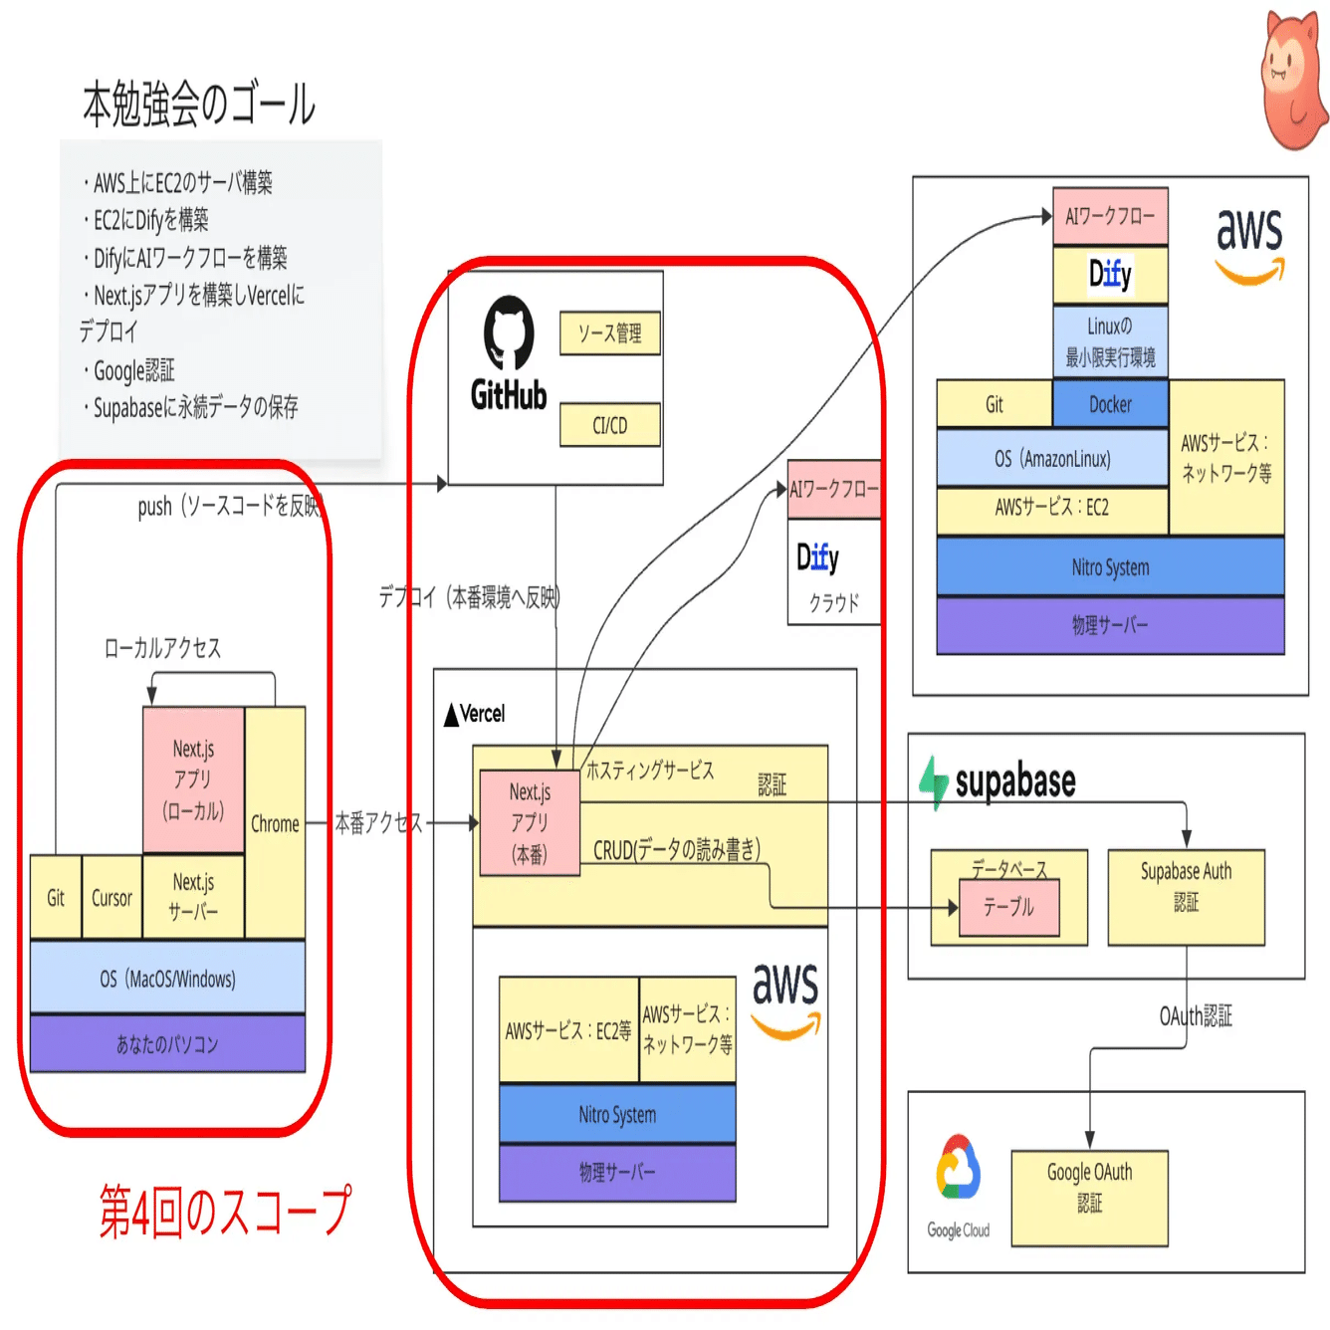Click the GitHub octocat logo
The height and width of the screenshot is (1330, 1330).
point(509,332)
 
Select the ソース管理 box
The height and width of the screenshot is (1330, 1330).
point(609,333)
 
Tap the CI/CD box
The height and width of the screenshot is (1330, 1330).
point(609,425)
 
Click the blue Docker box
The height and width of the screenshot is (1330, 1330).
point(1110,404)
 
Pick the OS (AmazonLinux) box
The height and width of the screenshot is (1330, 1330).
point(1052,458)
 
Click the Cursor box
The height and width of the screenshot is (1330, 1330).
point(111,898)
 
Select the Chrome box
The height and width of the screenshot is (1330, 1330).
point(275,823)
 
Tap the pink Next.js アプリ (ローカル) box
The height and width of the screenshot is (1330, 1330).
point(193,779)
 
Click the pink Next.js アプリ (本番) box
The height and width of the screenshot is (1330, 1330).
point(530,822)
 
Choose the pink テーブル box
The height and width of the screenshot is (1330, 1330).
point(1008,907)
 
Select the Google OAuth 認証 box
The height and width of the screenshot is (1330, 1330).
point(1089,1198)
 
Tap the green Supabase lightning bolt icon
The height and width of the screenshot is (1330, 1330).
point(934,781)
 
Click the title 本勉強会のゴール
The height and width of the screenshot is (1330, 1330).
point(198,106)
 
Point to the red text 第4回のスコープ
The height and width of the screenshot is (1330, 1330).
point(225,1211)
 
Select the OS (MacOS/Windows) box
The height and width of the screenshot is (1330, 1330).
point(167,978)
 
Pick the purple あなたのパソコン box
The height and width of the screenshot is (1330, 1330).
point(167,1043)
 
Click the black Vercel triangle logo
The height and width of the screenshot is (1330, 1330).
point(452,715)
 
